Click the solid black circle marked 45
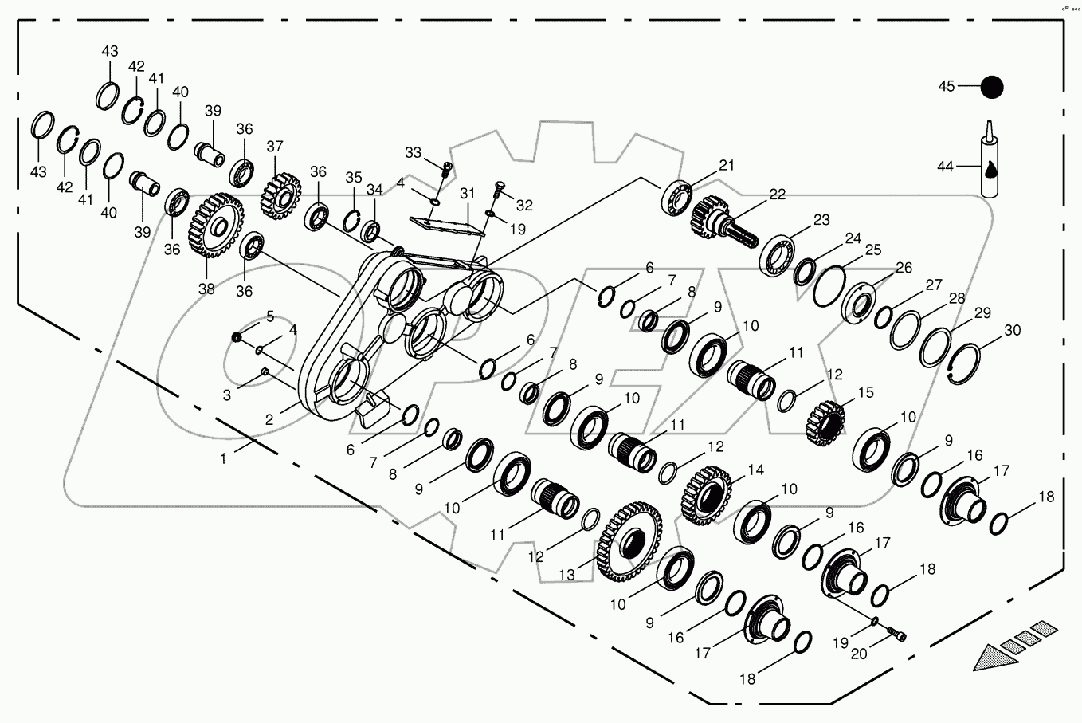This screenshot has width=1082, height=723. pyautogui.click(x=991, y=87)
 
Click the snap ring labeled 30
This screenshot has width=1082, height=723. pyautogui.click(x=970, y=365)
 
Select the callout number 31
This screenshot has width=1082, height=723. pyautogui.click(x=467, y=194)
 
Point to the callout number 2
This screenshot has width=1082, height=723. pyautogui.click(x=269, y=418)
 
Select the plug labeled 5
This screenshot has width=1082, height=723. pyautogui.click(x=237, y=338)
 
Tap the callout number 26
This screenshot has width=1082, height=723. pyautogui.click(x=904, y=267)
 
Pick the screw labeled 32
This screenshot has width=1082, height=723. pyautogui.click(x=500, y=189)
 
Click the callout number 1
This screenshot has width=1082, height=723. pyautogui.click(x=224, y=458)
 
